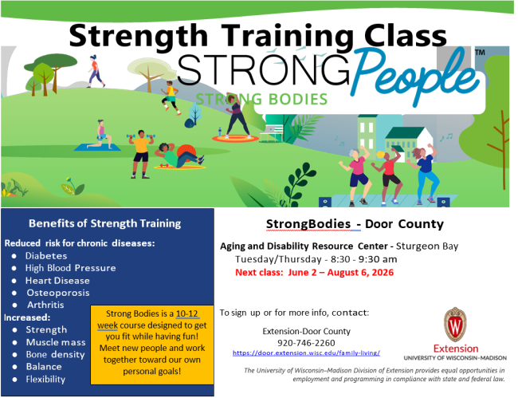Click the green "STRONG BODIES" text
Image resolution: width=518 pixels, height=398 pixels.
pyautogui.click(x=261, y=100)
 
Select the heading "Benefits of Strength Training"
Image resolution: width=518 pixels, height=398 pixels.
pyautogui.click(x=104, y=223)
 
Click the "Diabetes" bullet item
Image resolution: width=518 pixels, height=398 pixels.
pyautogui.click(x=45, y=255)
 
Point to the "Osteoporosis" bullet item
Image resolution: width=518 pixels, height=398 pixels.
pyautogui.click(x=57, y=293)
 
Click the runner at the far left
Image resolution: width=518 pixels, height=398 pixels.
pyautogui.click(x=96, y=70)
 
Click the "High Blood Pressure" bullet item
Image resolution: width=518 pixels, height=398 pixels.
pyautogui.click(x=70, y=268)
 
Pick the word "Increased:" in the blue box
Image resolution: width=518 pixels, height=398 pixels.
pyautogui.click(x=28, y=317)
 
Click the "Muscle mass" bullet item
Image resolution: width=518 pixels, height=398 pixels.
pyautogui.click(x=55, y=341)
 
